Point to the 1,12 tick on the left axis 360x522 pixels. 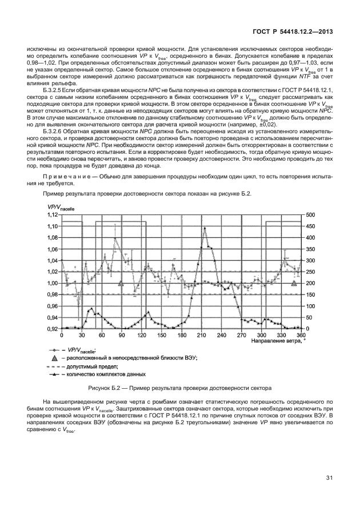pos(53,215)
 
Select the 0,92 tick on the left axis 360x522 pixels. pos(53,329)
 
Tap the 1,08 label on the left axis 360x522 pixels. pos(53,238)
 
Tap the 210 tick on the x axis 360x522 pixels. pos(201,336)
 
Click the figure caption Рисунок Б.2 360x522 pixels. pos(182,388)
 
